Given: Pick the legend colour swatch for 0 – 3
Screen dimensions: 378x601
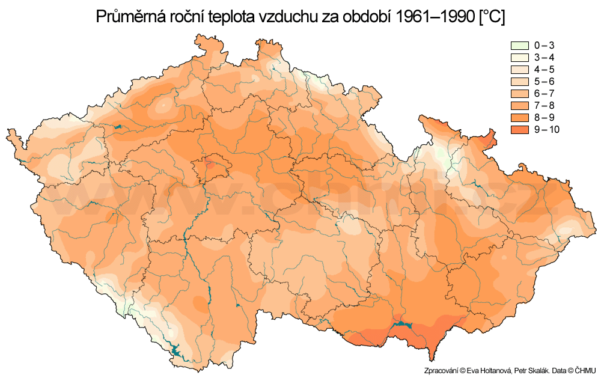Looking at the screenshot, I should tap(519, 46).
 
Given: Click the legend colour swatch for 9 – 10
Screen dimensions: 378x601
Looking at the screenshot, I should tap(519, 130).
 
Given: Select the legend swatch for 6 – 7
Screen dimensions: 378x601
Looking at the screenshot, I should tap(519, 94).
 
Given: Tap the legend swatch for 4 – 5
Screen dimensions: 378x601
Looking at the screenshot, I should tap(519, 70).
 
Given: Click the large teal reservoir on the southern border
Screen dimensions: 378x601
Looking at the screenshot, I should tap(401, 328).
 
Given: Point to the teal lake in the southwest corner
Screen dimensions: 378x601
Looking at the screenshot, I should tap(175, 349).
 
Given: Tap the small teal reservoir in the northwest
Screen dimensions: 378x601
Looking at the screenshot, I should tap(118, 127).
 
